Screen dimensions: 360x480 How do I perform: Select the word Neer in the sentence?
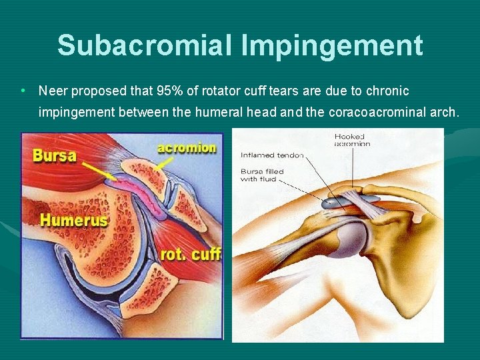coord(52,91)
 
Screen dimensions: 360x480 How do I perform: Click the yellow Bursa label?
coord(55,157)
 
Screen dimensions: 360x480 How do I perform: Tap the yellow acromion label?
coord(187,148)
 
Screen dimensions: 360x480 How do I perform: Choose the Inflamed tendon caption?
coord(272,155)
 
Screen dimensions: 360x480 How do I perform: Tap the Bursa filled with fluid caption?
coord(263,175)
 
